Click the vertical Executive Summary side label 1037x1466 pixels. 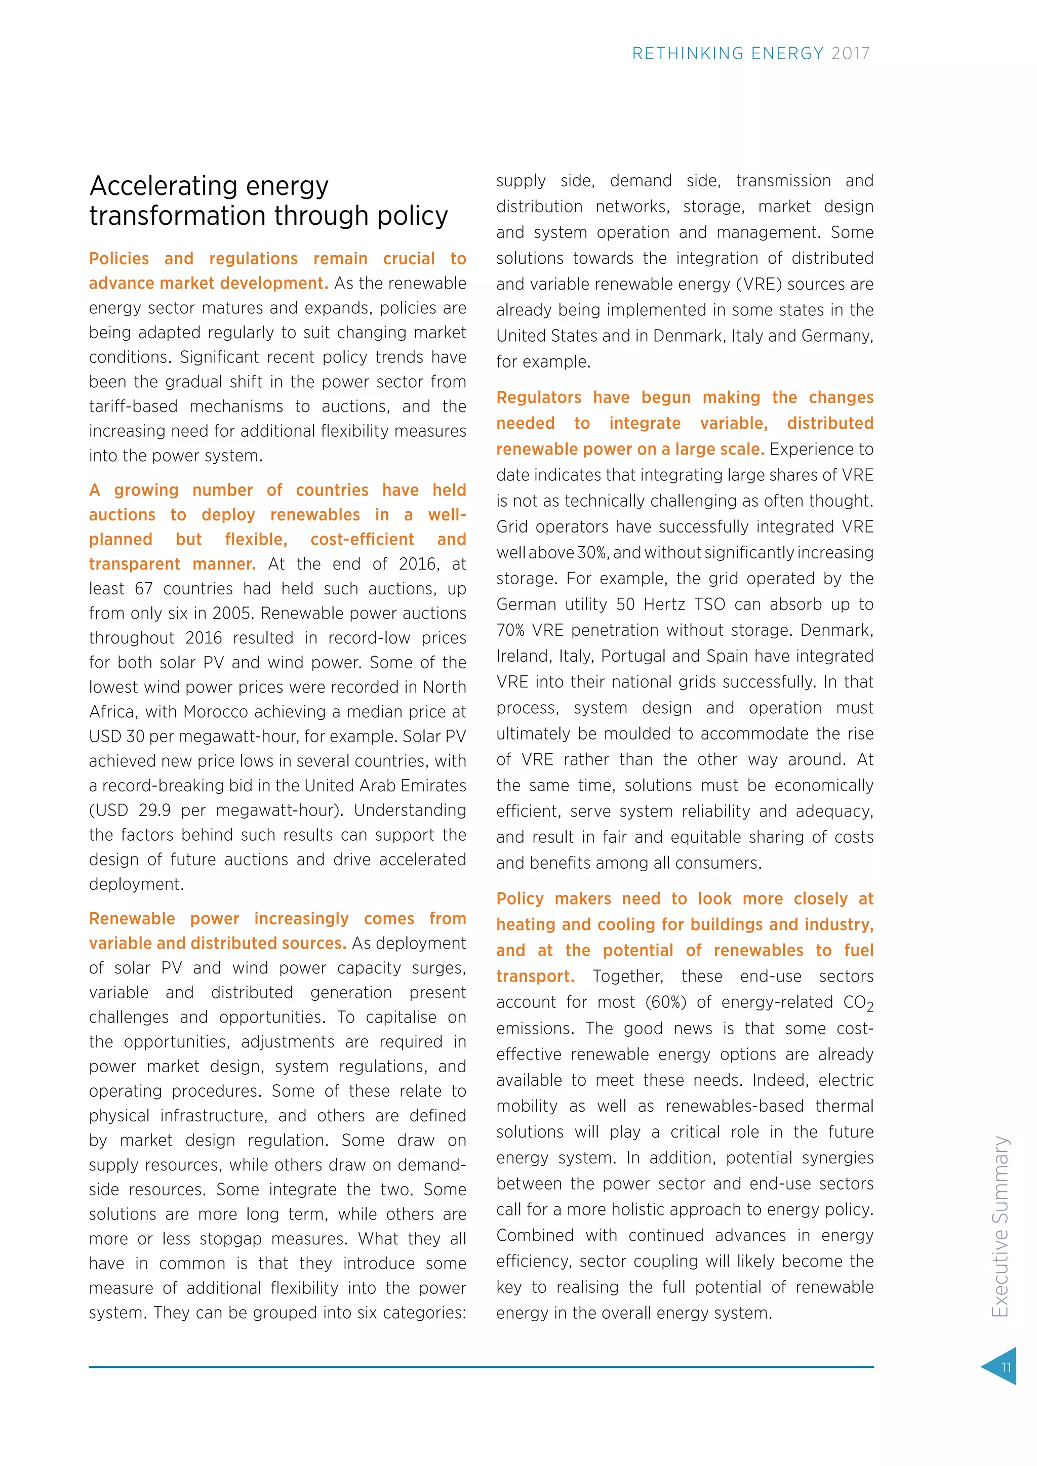1000,1226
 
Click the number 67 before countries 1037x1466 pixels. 144,589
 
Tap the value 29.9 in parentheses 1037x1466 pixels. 154,810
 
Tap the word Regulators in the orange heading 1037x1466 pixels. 538,398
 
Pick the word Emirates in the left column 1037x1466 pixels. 430,786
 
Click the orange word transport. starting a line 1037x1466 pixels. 535,977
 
